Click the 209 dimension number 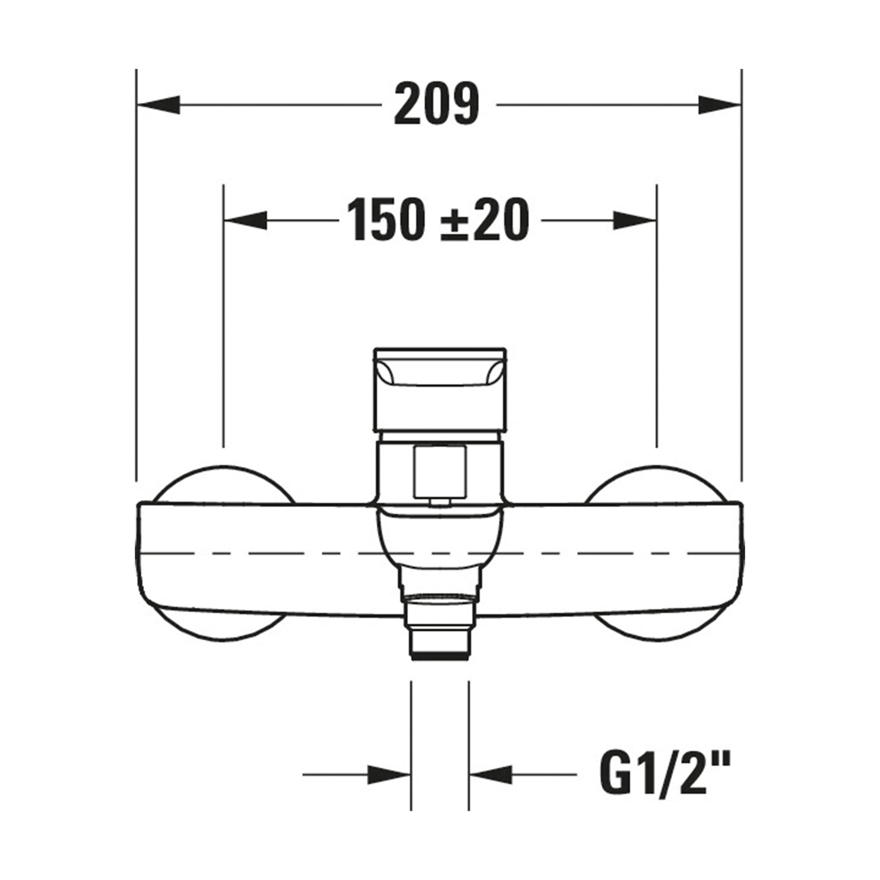[437, 104]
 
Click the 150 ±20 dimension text [438, 220]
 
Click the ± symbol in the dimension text [456, 222]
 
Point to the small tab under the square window [440, 502]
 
